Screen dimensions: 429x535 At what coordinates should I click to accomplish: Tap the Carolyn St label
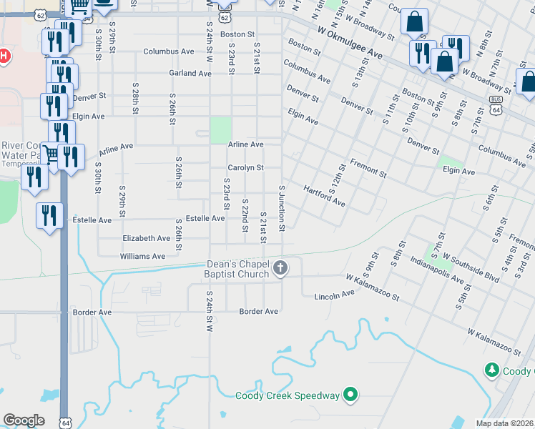tap(245, 168)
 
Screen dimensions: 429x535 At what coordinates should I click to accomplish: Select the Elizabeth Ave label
tap(146, 238)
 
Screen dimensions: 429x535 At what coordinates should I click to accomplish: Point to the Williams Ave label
tap(143, 256)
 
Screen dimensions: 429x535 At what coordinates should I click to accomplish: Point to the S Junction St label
tap(282, 208)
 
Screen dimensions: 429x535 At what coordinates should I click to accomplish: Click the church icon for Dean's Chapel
tap(281, 269)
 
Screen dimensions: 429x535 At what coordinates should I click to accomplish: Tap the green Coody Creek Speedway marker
tap(350, 394)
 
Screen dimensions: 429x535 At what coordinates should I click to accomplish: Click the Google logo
tap(24, 420)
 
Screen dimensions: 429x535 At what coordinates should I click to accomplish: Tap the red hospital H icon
tap(4, 56)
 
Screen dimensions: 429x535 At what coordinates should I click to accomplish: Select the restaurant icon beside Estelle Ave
tap(49, 216)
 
